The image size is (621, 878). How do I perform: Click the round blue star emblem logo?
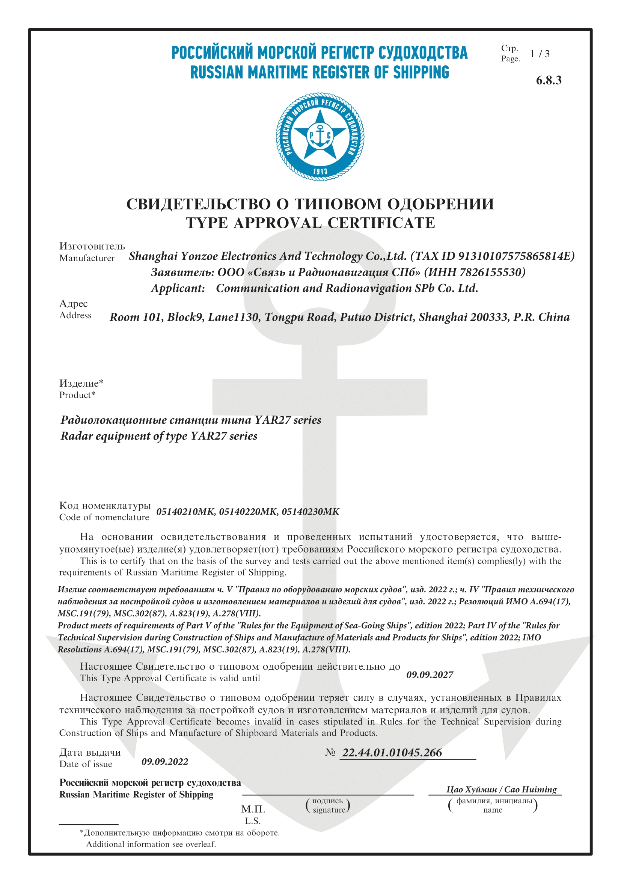point(320,136)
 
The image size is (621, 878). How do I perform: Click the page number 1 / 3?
point(540,54)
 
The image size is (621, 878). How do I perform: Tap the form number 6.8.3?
point(548,80)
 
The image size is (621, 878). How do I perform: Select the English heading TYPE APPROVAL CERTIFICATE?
point(310,223)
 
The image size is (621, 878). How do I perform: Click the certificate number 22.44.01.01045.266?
point(392,753)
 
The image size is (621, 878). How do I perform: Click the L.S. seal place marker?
point(252,821)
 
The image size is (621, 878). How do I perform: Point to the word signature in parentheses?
point(329,810)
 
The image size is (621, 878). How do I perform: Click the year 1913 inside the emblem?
point(320,171)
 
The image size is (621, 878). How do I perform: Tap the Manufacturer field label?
point(87,258)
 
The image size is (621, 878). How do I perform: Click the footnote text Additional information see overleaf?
point(151,844)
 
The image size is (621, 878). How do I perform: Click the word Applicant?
point(178,288)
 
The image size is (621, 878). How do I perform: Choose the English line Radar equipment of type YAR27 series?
point(159,436)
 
